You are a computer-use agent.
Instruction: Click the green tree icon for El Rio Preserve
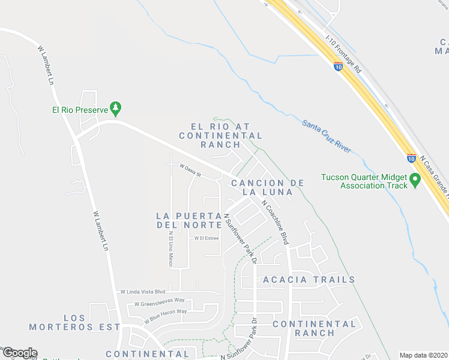117,109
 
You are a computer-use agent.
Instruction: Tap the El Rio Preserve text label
79,110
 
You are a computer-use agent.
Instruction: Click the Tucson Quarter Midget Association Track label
364,181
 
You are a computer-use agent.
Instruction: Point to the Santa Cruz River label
327,136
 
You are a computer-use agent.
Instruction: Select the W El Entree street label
206,238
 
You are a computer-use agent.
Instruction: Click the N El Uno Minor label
170,249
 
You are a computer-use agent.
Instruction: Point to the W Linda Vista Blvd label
142,291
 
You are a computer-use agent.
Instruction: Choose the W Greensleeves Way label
159,302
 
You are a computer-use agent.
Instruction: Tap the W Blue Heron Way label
165,313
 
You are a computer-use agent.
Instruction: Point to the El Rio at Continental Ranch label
218,136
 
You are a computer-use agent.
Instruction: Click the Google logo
19,353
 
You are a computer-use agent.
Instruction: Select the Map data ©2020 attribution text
423,355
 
